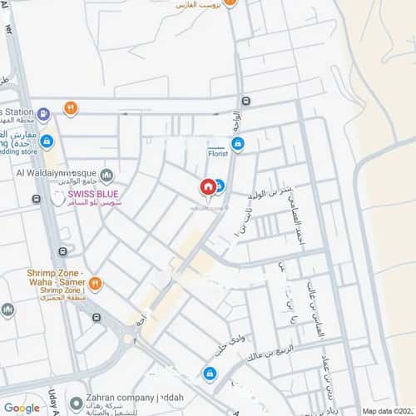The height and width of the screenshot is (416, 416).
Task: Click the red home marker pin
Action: [x=207, y=186]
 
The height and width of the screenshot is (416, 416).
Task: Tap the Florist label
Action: [x=218, y=154]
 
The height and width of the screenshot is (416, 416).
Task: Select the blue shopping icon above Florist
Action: [x=238, y=144]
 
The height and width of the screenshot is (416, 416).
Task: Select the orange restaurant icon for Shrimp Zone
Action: [x=97, y=283]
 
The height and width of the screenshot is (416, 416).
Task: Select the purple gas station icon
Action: [x=43, y=109]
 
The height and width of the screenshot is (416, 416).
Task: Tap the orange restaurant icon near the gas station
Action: [x=72, y=107]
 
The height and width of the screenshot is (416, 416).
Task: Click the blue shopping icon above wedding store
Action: [x=47, y=141]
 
